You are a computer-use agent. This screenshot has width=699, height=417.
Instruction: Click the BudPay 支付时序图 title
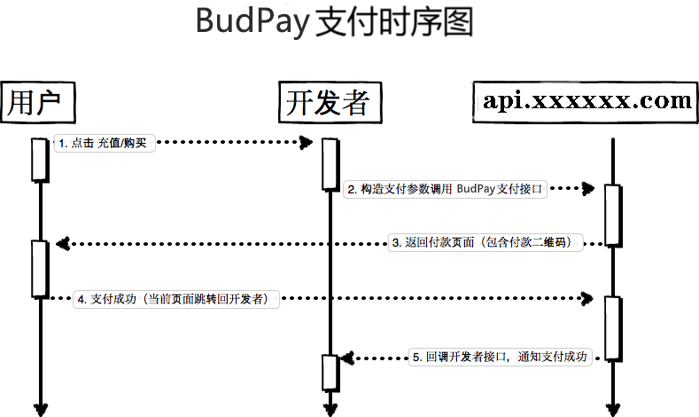[x=334, y=23]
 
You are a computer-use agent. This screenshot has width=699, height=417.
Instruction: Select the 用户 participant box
[x=36, y=102]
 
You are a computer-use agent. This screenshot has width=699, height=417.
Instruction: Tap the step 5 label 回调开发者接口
[x=501, y=357]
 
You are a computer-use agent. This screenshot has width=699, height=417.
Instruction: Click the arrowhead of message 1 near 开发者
[x=307, y=142]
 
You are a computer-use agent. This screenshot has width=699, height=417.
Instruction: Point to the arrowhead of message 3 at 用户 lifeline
[x=59, y=243]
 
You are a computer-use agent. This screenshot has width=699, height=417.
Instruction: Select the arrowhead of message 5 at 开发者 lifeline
[x=346, y=357]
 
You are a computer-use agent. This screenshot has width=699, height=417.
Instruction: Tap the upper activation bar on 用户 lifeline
[x=39, y=160]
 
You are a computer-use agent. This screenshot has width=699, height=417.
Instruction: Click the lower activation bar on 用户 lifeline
[x=39, y=268]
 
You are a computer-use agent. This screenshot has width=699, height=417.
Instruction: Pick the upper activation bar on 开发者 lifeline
[x=330, y=163]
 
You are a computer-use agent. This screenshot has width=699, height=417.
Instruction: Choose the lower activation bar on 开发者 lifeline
[x=330, y=371]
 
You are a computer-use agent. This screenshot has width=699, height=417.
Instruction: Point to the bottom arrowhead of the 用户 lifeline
[x=39, y=409]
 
